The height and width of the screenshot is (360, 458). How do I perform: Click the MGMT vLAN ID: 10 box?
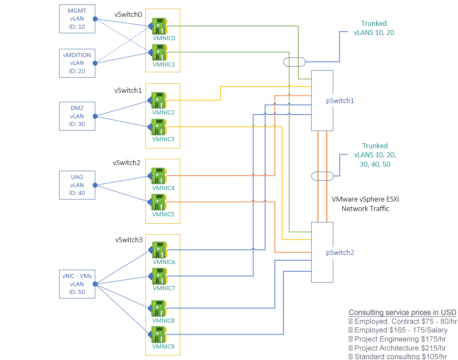tap(77, 19)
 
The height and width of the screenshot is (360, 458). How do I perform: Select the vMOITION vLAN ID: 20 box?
tap(77, 63)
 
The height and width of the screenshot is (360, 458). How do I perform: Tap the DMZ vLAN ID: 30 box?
tap(77, 116)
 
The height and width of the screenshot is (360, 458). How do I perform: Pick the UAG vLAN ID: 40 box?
tap(77, 185)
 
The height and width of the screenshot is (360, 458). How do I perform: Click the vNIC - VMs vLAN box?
tap(77, 284)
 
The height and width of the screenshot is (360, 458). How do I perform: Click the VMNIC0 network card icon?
tap(159, 26)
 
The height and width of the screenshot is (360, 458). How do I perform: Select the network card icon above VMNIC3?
tap(159, 127)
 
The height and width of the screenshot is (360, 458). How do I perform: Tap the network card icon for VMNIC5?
tap(159, 202)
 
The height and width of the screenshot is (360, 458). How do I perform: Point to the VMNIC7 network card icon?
tap(159, 276)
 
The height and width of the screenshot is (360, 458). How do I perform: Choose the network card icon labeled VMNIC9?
tap(159, 335)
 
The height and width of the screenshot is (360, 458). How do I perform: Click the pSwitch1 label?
tap(340, 100)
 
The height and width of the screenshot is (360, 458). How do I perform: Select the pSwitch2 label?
tap(340, 252)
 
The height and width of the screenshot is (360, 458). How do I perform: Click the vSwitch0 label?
tap(128, 14)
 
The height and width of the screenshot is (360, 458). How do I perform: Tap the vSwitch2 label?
tap(127, 163)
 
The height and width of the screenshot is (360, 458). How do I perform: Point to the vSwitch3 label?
tap(129, 240)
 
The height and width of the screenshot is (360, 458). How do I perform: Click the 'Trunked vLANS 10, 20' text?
tap(374, 28)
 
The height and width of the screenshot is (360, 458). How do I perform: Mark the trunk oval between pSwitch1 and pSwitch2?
tap(322, 176)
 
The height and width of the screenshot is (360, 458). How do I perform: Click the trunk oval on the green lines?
tap(295, 62)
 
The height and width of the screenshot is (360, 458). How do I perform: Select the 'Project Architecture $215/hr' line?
tap(397, 348)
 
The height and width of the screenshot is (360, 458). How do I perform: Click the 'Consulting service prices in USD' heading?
tap(402, 312)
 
